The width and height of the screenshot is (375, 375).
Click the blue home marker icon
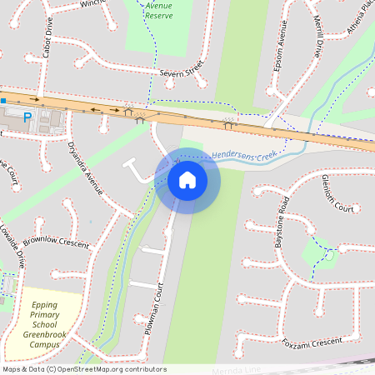coord(187,180)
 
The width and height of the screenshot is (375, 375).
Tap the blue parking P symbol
coord(27,118)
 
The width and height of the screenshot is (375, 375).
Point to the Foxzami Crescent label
coord(312,340)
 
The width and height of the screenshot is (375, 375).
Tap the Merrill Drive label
coord(312,37)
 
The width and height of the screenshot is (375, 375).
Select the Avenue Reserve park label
coord(159,10)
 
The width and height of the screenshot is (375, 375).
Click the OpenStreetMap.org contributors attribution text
coord(108,369)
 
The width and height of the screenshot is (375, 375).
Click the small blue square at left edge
coord(3,101)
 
